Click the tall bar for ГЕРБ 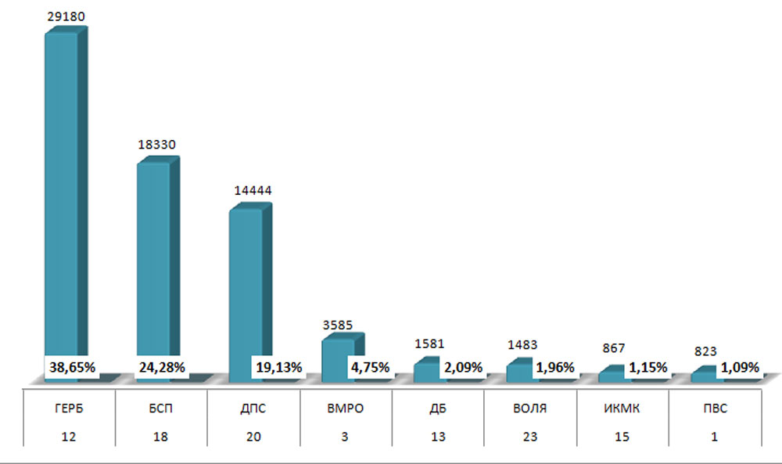click(62, 196)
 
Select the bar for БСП click(154, 258)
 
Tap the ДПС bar click(246, 282)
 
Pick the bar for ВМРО click(338, 349)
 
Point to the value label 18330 click(157, 145)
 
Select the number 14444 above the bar click(250, 190)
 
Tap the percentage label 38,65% click(72, 367)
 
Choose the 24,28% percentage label click(163, 367)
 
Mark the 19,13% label click(278, 367)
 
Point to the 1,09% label click(739, 367)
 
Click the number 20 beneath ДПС click(253, 437)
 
